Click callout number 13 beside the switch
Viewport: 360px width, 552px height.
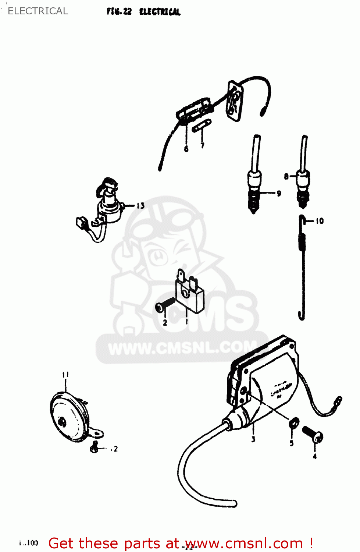click(140, 206)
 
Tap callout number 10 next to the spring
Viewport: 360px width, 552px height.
click(320, 221)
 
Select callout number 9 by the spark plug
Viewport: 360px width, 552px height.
click(279, 193)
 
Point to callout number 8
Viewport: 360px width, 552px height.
click(286, 177)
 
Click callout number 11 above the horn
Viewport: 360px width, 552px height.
click(65, 375)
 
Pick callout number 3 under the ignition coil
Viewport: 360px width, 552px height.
click(253, 439)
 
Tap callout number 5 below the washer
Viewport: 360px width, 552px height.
click(292, 443)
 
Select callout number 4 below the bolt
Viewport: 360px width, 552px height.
click(314, 456)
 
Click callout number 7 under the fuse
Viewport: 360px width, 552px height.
click(202, 145)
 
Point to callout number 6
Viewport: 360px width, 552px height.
click(186, 149)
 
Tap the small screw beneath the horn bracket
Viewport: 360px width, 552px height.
click(95, 447)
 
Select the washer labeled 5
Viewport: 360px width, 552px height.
click(294, 424)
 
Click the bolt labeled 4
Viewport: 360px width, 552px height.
click(313, 434)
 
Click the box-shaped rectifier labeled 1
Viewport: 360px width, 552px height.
click(190, 294)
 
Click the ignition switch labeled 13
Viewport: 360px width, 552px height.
click(108, 206)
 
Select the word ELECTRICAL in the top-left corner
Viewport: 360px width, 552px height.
click(38, 11)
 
